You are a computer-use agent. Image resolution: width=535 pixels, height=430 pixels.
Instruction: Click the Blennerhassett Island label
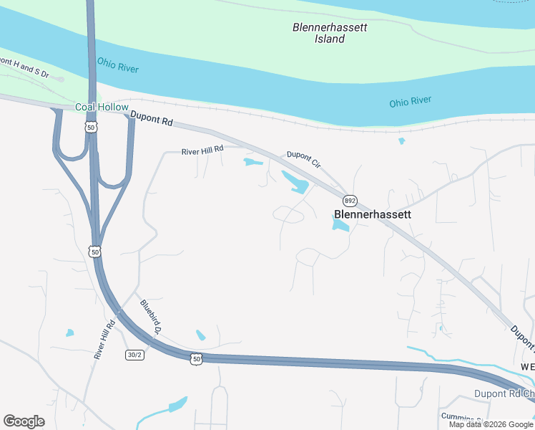coord(330,33)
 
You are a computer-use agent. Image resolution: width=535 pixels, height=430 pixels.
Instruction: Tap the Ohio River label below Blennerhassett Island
coord(410,102)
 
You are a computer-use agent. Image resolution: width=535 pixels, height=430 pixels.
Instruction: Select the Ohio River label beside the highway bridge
coord(118,68)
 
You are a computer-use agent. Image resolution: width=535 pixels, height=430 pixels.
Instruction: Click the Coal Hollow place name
coord(102,107)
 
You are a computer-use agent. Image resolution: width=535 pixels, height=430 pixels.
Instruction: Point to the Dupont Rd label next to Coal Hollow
coord(152,118)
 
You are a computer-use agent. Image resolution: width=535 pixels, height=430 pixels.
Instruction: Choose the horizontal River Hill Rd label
coord(202,150)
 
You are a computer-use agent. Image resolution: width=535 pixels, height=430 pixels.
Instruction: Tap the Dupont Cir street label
coord(303,159)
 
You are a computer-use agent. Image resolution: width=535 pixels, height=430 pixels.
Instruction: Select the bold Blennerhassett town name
coord(373,214)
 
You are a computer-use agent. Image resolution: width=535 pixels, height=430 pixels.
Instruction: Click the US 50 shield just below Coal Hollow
coord(90,127)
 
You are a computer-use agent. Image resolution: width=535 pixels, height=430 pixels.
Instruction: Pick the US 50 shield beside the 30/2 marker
coord(197,358)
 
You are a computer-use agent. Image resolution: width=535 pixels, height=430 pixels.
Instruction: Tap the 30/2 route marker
coord(134,355)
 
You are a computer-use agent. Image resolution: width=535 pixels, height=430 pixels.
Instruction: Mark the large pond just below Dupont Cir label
coord(296,183)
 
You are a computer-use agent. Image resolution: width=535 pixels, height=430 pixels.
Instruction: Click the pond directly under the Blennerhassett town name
coord(340,226)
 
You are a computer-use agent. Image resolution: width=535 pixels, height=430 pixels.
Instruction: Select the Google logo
coord(24,421)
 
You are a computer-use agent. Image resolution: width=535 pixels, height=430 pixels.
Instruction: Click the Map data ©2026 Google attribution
coord(491,424)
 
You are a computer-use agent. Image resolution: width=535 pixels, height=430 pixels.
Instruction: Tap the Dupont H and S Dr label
coord(24,69)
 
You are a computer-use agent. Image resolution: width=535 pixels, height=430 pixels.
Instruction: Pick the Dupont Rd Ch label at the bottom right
coord(504,394)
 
